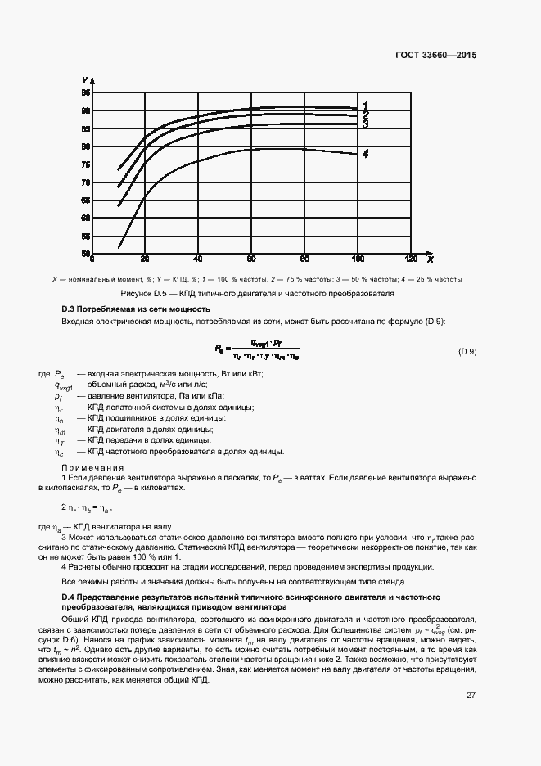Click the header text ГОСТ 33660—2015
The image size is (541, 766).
436,56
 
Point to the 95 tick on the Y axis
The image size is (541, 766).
85,92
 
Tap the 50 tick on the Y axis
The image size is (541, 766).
85,254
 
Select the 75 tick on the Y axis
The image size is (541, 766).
85,164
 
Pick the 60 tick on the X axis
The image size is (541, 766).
251,259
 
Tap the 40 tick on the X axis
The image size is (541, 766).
199,259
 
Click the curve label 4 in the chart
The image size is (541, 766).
365,154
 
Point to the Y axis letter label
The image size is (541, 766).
85,80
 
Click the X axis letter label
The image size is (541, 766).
430,259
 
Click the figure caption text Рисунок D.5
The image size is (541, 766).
143,293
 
